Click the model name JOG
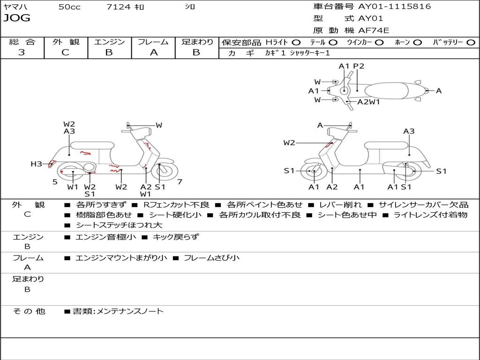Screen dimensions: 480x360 17,18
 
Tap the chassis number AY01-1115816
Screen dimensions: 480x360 395,6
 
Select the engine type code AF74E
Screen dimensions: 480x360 374,30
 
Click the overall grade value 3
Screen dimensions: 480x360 22,52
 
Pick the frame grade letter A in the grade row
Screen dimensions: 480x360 153,52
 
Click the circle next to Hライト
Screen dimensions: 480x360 296,43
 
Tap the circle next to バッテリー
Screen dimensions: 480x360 471,43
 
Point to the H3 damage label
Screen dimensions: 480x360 36,164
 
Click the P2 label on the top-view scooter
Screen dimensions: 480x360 359,66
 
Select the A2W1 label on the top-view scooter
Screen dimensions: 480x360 368,102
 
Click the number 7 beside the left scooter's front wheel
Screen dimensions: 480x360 180,182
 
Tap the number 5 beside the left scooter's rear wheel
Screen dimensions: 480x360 55,182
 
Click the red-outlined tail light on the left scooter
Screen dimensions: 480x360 52,164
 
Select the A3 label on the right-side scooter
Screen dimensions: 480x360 409,131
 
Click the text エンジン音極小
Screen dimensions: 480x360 105,237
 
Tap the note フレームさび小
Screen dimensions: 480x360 211,258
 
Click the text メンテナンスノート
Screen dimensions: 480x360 130,311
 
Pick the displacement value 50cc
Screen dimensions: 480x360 69,7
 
